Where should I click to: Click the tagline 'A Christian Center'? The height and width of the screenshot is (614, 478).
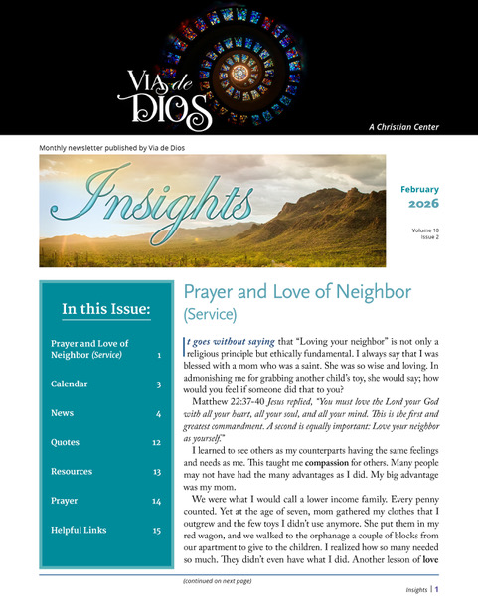pos(417,127)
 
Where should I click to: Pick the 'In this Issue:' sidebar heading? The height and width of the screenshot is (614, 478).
pos(106,310)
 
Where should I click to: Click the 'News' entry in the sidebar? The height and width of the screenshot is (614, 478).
pos(62,412)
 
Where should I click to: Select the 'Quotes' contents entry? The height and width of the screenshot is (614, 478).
pos(66,442)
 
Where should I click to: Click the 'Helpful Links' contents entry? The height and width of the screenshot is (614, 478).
pos(80,531)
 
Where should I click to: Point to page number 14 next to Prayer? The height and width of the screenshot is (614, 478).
pos(157,502)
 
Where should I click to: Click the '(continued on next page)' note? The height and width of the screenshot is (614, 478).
pos(218,580)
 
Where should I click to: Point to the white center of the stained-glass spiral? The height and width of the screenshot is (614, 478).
pos(239,72)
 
